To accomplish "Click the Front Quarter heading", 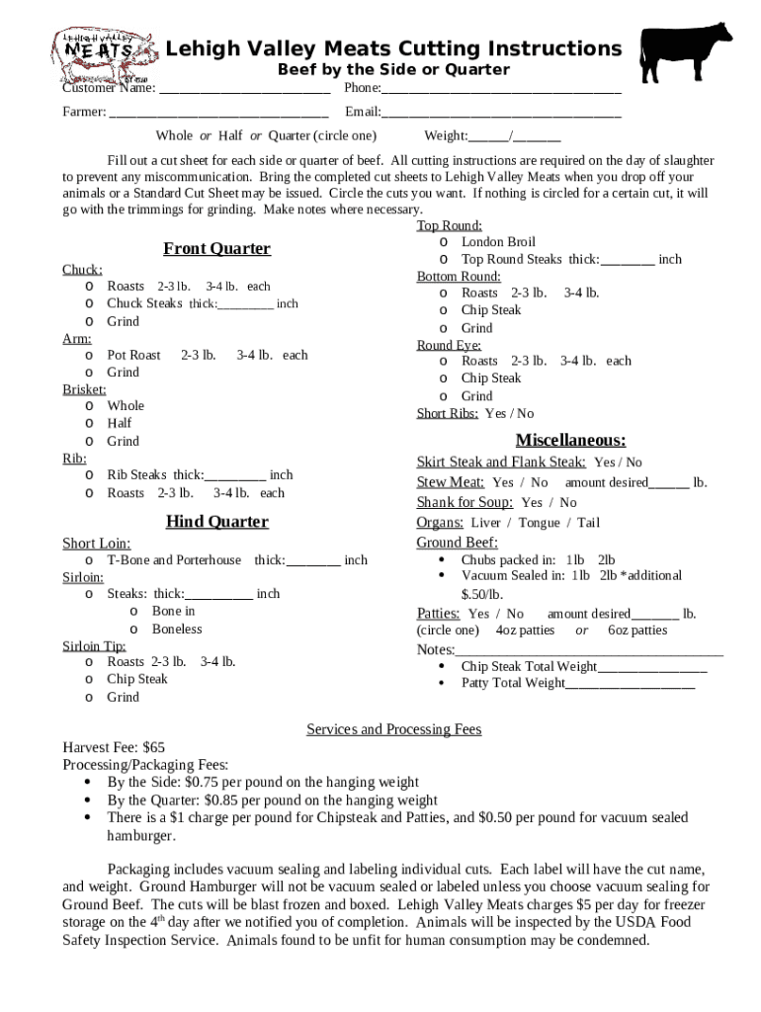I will [216, 249].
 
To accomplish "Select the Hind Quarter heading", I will [217, 522].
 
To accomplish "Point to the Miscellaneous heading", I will [570, 441].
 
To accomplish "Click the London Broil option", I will [497, 242].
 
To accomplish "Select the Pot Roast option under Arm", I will [133, 355].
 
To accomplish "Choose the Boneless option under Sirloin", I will [176, 629].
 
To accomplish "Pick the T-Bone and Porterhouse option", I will [173, 560].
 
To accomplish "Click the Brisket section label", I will [84, 389].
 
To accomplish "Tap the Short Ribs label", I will [448, 414].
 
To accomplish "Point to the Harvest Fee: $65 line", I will [114, 747].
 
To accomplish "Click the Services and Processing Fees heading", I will [393, 729].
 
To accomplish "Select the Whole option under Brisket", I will [126, 406].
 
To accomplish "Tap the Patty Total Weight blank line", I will [630, 683].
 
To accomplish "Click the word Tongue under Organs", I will [539, 523].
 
